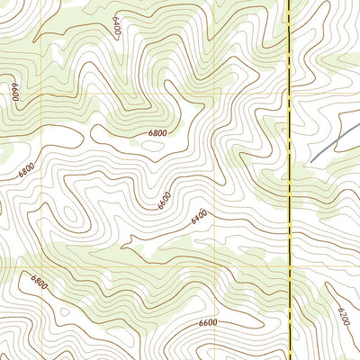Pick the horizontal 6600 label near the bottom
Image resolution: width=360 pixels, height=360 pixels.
point(208,322)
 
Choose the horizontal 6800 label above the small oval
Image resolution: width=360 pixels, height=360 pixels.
point(157,133)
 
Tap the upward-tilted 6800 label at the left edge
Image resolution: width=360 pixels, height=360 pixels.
point(25,168)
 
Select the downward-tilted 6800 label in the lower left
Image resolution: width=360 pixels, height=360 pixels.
point(39,286)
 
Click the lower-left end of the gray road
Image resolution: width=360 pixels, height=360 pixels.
point(310,162)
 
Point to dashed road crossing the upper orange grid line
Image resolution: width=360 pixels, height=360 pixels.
point(289,94)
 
